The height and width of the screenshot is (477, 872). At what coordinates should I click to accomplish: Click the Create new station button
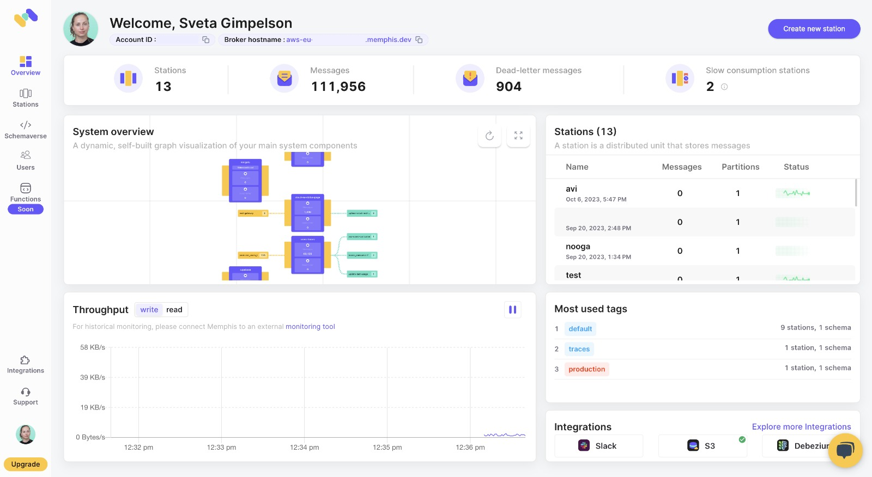(x=814, y=29)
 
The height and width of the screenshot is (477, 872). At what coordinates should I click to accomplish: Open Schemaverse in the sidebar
(x=26, y=130)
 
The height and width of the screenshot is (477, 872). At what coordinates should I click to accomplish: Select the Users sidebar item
(x=26, y=161)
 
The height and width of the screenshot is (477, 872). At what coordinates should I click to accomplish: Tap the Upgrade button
(x=26, y=464)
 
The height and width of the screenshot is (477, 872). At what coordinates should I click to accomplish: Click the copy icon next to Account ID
(x=206, y=40)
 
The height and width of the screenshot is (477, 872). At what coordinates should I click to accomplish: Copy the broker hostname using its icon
(x=419, y=40)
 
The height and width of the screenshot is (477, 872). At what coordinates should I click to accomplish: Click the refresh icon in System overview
(x=489, y=136)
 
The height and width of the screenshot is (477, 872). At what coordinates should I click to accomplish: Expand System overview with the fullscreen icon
(x=518, y=136)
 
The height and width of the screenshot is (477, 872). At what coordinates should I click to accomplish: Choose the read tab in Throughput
(x=174, y=310)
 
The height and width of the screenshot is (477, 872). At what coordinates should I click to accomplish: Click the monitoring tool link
(x=310, y=327)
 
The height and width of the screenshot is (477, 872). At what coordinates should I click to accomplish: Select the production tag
(x=586, y=369)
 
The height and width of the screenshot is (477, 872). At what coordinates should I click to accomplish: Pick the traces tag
(x=579, y=349)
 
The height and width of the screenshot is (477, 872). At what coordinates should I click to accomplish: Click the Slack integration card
(x=598, y=446)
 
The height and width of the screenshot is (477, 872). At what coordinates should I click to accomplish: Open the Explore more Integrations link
(x=801, y=427)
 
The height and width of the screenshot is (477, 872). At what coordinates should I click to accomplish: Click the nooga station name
(x=578, y=247)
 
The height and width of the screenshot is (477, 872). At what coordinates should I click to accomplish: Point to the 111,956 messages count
(x=338, y=87)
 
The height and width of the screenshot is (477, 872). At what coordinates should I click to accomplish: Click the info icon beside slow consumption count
(x=724, y=87)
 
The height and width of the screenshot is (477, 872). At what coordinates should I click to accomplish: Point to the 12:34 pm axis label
(x=304, y=448)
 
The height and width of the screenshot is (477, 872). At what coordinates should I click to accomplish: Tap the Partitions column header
(x=740, y=167)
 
